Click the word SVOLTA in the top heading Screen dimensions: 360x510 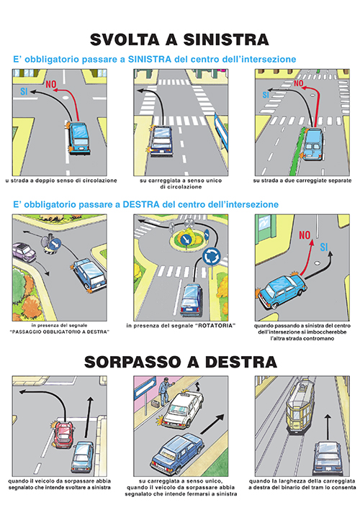(125, 40)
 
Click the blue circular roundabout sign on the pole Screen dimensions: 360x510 (212, 257)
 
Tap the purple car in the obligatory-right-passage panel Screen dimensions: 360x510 (24, 252)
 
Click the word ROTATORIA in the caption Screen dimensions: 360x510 (215, 326)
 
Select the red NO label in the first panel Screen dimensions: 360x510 (51, 85)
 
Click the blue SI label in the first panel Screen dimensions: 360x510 (24, 91)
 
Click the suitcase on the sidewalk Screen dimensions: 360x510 (156, 404)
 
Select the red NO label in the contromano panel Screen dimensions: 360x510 (305, 234)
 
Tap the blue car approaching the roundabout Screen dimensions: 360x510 (192, 300)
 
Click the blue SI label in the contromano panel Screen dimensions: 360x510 (324, 247)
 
